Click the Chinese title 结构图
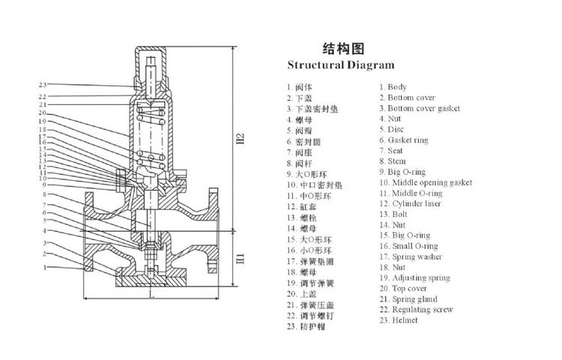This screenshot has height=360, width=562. (x=343, y=49)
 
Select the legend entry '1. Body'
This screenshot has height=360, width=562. (x=393, y=87)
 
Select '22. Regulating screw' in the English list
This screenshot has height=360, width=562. (x=416, y=309)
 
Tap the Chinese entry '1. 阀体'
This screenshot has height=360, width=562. (x=300, y=87)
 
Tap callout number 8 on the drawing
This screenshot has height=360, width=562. (x=44, y=194)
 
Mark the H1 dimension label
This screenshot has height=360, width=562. (x=241, y=259)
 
